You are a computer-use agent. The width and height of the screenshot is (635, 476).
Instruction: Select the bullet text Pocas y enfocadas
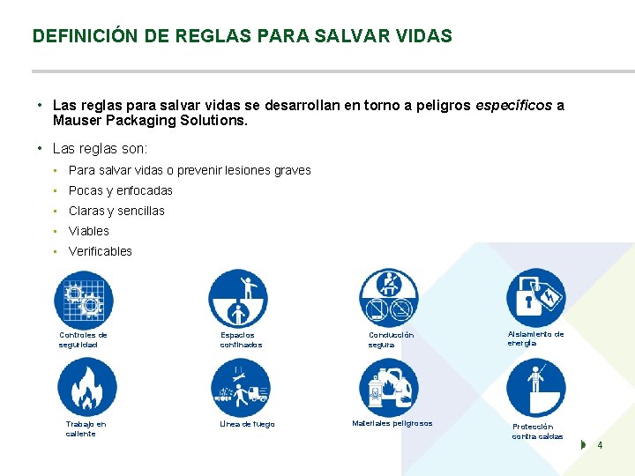click(x=121, y=190)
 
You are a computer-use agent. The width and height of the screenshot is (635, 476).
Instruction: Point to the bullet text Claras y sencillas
click(x=116, y=211)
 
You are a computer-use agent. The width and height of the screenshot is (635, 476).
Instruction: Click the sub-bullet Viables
click(x=89, y=231)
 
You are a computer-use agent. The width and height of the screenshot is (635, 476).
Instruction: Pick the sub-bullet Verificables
click(x=101, y=251)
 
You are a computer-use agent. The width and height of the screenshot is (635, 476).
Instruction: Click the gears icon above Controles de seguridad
click(x=84, y=300)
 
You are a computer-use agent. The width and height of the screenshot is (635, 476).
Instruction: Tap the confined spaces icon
click(x=237, y=298)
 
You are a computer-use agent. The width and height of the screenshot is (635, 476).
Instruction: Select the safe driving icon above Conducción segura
click(x=388, y=298)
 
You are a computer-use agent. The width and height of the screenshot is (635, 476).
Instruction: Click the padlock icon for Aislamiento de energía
click(x=535, y=298)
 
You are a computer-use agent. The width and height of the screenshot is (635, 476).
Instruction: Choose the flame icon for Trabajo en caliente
click(x=86, y=388)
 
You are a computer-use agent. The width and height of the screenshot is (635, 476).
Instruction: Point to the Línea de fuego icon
click(x=241, y=388)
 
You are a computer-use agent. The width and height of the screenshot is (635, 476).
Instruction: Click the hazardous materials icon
click(x=388, y=388)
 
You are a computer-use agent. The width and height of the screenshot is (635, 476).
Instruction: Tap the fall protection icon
click(x=535, y=388)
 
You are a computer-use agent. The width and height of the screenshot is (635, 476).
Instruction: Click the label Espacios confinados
click(x=241, y=340)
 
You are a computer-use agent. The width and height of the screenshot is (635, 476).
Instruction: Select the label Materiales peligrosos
click(x=392, y=423)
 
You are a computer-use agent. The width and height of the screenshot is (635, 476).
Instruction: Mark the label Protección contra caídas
click(x=537, y=431)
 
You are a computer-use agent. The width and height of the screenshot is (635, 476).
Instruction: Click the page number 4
click(x=600, y=445)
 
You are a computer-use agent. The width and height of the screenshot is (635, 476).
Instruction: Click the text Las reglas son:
click(x=100, y=149)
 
